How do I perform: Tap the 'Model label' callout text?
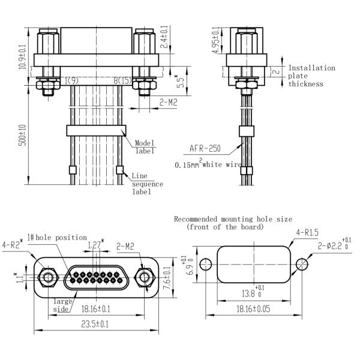pyautogui.click(x=144, y=146)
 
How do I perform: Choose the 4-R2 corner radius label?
pyautogui.click(x=12, y=245)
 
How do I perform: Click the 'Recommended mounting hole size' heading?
pyautogui.click(x=233, y=223)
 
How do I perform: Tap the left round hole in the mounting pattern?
pyautogui.click(x=206, y=264)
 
